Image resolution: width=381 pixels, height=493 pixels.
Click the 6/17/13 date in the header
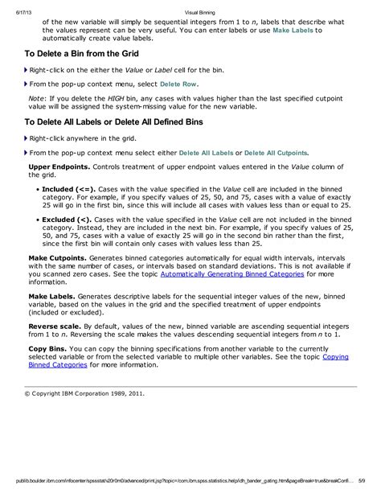pyautogui.click(x=13, y=11)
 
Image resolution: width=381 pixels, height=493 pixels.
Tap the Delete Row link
pyautogui.click(x=178, y=83)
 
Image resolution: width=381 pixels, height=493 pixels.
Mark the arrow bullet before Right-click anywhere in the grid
pyautogui.click(x=26, y=137)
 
